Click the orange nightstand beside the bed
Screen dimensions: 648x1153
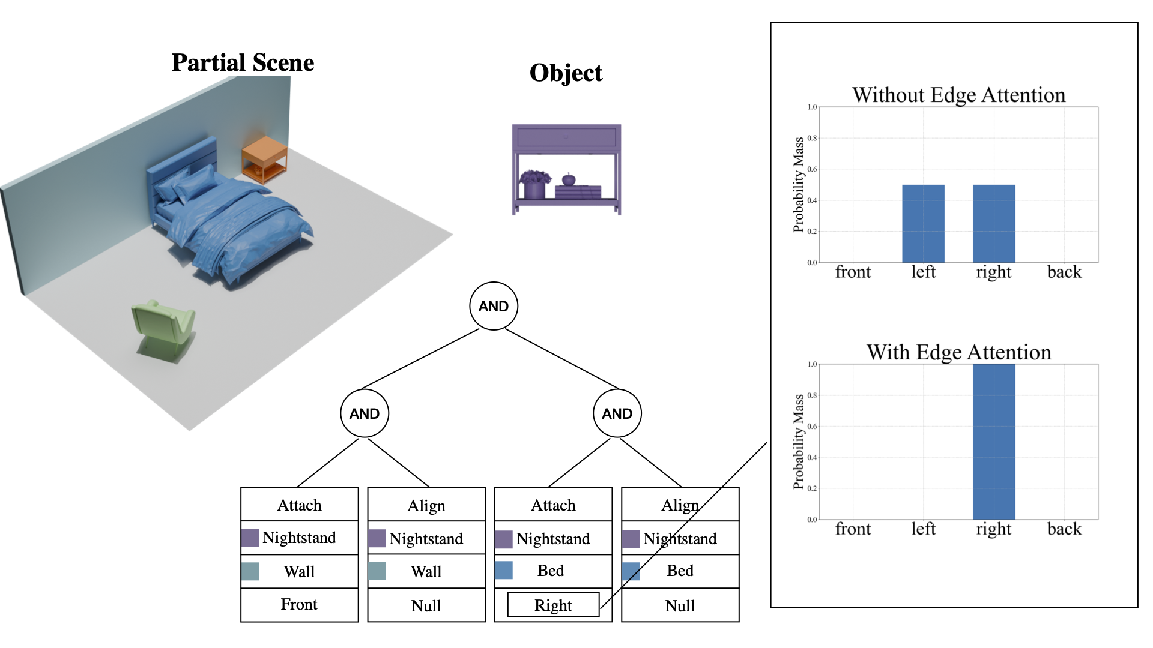click(x=264, y=158)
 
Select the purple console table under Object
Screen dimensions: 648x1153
click(x=566, y=169)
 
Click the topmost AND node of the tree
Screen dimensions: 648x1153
click(x=494, y=306)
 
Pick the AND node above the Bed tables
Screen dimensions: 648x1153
click(x=617, y=413)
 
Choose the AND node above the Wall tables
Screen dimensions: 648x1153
click(x=365, y=413)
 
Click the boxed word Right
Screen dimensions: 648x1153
click(x=553, y=605)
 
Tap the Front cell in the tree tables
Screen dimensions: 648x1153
click(x=299, y=604)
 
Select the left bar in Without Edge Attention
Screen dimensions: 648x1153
click(x=923, y=223)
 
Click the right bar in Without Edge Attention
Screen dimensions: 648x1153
click(x=994, y=223)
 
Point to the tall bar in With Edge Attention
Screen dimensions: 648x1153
click(x=994, y=442)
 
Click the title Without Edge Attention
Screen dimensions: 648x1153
click(x=958, y=95)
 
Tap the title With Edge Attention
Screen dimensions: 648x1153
click(x=958, y=352)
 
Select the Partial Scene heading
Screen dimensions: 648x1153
click(x=243, y=62)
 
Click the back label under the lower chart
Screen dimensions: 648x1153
click(x=1064, y=529)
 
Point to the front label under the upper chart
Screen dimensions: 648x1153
click(x=853, y=272)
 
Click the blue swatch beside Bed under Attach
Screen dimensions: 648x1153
click(x=504, y=570)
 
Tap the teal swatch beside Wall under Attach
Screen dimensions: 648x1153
click(x=250, y=571)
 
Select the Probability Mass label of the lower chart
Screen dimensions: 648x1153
click(x=798, y=442)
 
